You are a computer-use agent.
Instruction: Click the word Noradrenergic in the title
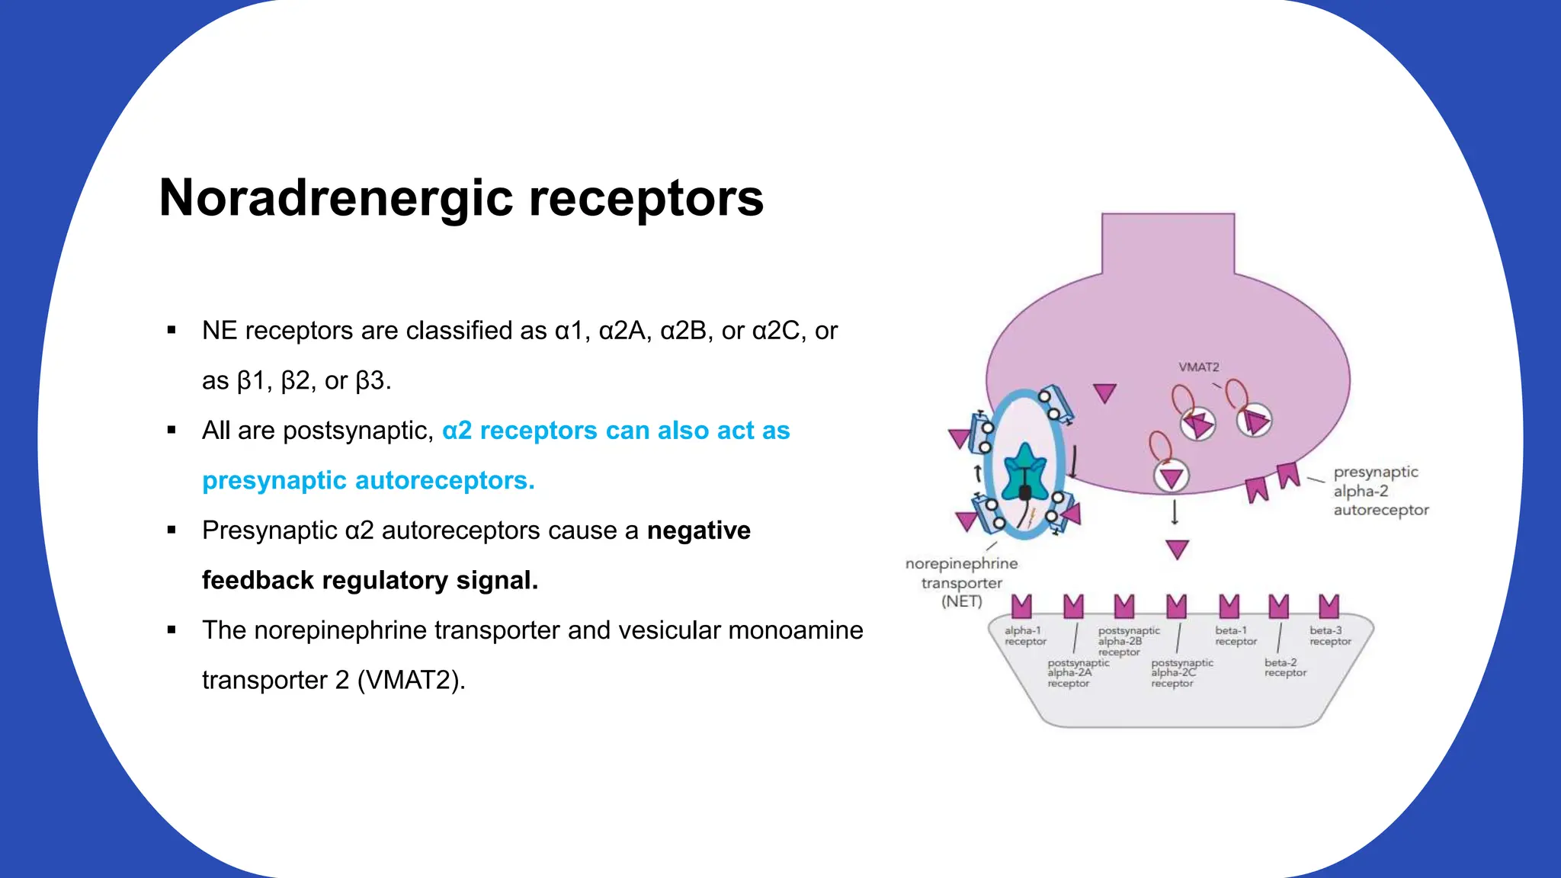(336, 198)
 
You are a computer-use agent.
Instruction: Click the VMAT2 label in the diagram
(1199, 367)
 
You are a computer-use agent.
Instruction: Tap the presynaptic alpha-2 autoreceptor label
(1380, 492)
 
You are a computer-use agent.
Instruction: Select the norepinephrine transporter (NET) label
(961, 583)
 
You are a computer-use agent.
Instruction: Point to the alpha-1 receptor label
(1025, 636)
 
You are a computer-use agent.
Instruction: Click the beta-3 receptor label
(1330, 636)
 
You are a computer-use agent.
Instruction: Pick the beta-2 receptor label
(1285, 668)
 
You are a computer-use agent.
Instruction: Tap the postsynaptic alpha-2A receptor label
(1077, 673)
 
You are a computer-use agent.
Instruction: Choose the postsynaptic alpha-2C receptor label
(1181, 673)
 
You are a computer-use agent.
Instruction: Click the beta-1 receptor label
(1236, 636)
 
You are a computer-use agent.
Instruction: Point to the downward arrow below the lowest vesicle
(1175, 512)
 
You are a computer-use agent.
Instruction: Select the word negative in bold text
(698, 530)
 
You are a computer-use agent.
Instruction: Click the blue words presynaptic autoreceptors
(368, 481)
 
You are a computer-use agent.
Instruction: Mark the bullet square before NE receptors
(171, 331)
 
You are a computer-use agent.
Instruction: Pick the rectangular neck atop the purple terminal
(1168, 244)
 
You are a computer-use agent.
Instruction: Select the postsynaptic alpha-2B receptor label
(1128, 641)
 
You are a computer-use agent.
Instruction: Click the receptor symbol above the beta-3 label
(1329, 607)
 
